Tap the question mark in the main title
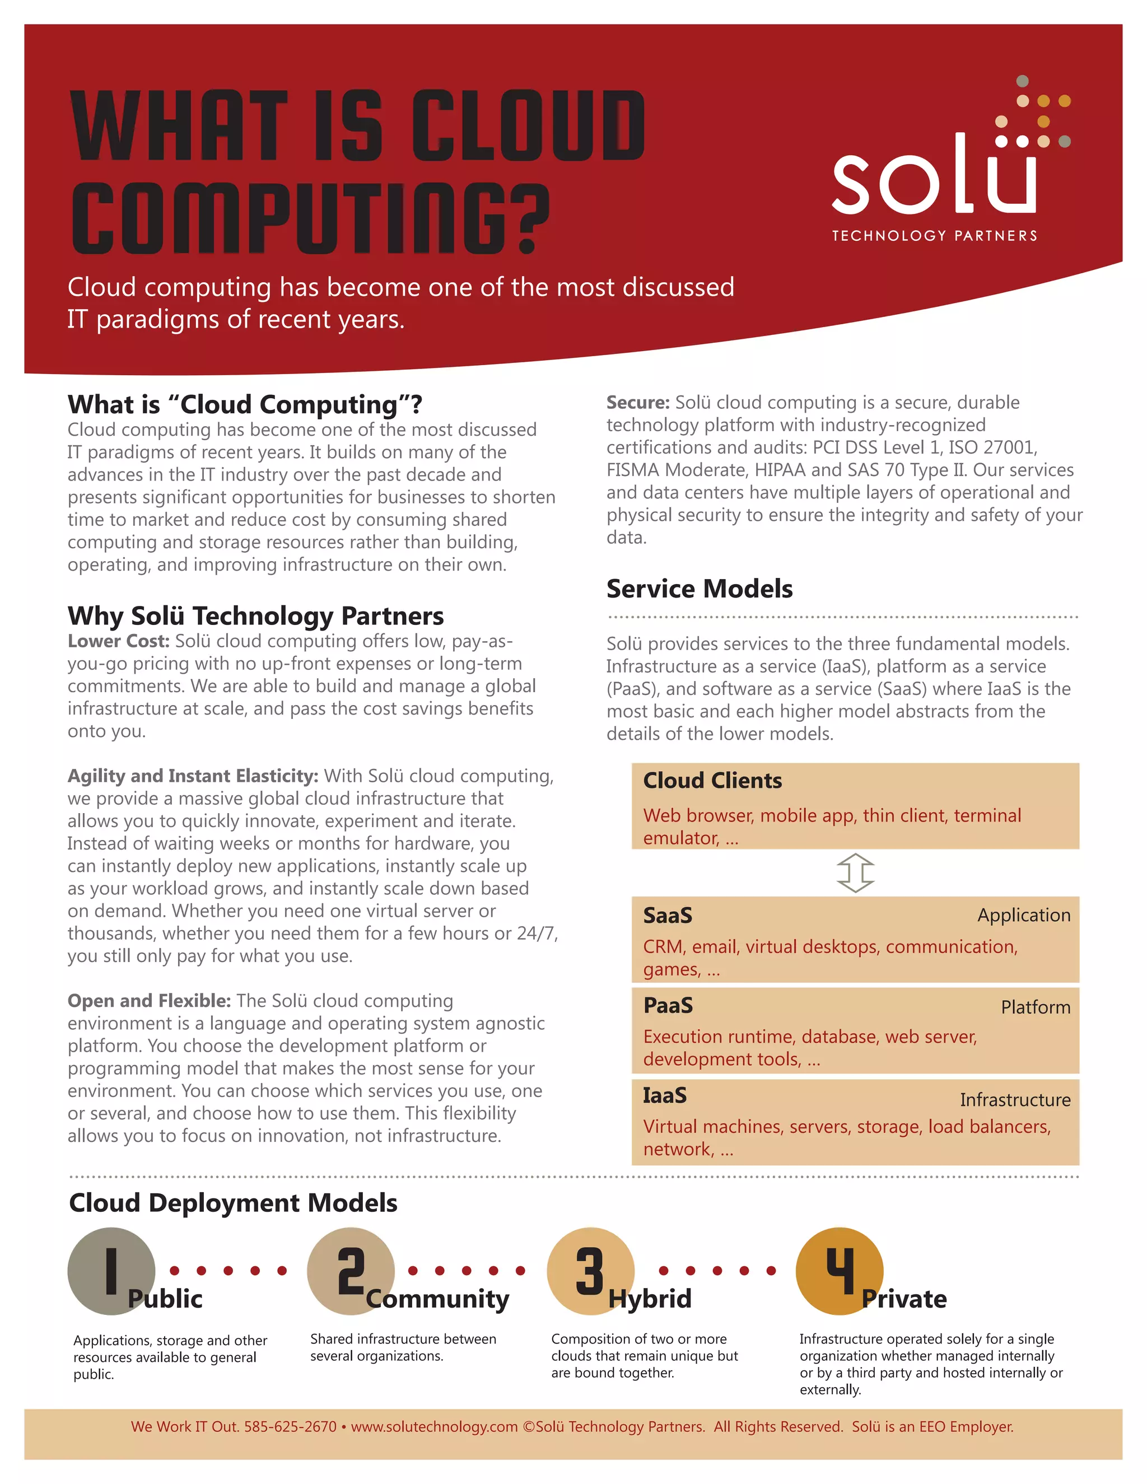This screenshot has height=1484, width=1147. (x=527, y=219)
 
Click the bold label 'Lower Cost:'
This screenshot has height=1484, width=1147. (x=118, y=641)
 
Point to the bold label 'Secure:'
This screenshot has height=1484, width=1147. (x=638, y=402)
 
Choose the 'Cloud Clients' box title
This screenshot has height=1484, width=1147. (x=712, y=780)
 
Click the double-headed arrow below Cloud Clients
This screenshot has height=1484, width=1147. (x=856, y=872)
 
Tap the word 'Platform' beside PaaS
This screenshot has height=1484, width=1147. (x=1035, y=1006)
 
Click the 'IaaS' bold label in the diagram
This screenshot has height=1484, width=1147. (x=665, y=1095)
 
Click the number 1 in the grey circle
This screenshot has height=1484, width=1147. (x=111, y=1270)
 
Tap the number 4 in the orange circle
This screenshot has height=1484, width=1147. (x=840, y=1270)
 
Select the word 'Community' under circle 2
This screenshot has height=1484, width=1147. (x=437, y=1299)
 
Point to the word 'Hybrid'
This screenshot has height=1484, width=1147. (x=650, y=1299)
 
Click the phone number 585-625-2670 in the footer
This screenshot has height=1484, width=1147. (x=290, y=1426)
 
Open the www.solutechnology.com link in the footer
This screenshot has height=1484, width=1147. (x=434, y=1426)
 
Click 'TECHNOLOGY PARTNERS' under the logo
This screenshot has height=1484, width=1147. (x=934, y=236)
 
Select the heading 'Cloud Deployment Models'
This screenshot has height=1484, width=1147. (x=233, y=1203)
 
